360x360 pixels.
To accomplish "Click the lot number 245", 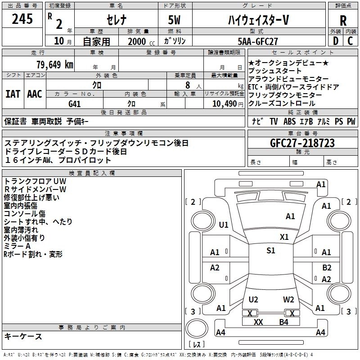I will [x=22, y=19].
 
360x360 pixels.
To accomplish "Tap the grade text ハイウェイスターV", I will [x=257, y=20].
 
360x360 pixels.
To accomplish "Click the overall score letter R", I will [x=343, y=21].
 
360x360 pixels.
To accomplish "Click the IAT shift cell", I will [x=12, y=94].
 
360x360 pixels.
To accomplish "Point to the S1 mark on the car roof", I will [x=270, y=251].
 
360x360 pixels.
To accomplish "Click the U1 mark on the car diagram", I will [x=224, y=225].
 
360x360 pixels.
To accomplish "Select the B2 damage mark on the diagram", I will [x=327, y=267].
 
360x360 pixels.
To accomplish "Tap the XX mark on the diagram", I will [x=258, y=322].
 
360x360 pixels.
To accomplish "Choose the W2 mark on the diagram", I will [x=288, y=300].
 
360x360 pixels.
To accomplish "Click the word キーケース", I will [x=23, y=336].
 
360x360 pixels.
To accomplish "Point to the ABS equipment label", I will [x=289, y=121].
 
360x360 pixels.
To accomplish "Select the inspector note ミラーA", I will [x=17, y=246].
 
